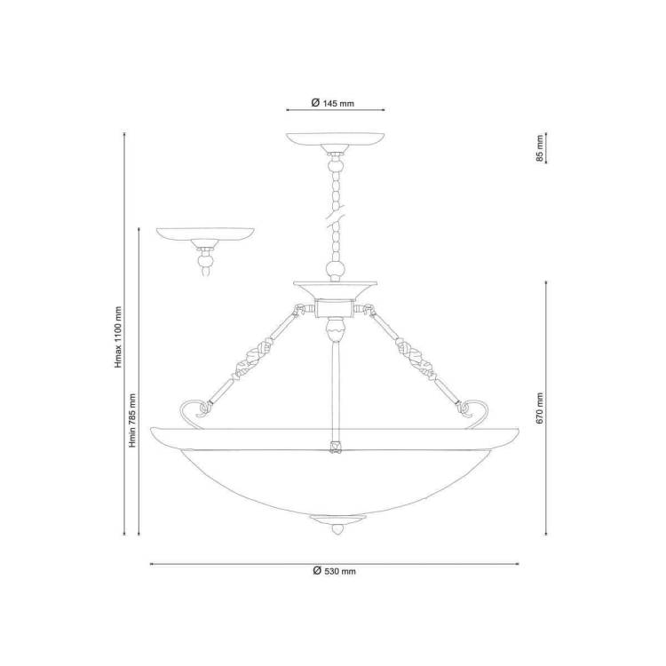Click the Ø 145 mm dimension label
coord(333,103)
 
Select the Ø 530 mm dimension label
coord(334,571)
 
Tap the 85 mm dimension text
coord(540,148)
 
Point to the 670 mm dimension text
coord(540,408)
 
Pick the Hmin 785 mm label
coord(132,421)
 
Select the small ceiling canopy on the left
coord(205,234)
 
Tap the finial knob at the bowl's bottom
coord(337,529)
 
